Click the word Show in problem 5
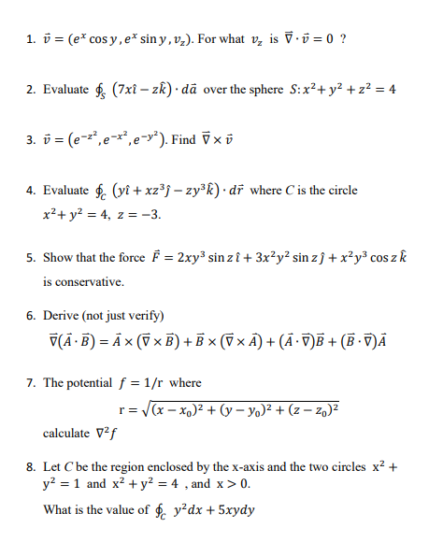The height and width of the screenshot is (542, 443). pos(58,257)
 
